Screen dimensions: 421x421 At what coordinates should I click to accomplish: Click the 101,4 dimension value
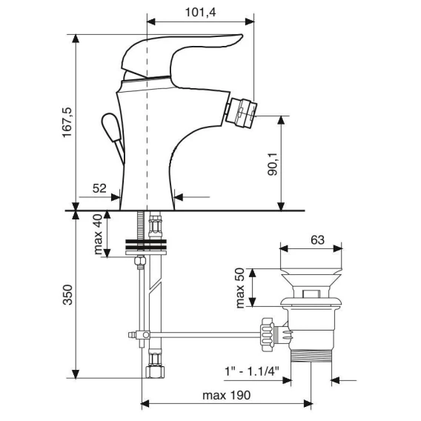point(200,13)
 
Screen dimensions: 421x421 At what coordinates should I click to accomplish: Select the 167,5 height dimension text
point(67,122)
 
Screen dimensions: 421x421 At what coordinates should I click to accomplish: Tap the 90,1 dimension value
point(273,164)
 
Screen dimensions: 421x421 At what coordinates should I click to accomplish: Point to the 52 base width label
point(99,188)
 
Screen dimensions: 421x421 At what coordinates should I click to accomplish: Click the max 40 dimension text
point(98,234)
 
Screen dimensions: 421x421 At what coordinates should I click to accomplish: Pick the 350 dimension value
point(67,295)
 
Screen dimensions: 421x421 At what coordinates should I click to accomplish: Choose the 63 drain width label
point(317,239)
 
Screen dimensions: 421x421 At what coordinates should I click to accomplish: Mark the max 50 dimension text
point(239,288)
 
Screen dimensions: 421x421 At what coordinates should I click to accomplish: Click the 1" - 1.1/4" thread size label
point(251,371)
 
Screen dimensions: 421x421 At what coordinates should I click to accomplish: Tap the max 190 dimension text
point(226,395)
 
